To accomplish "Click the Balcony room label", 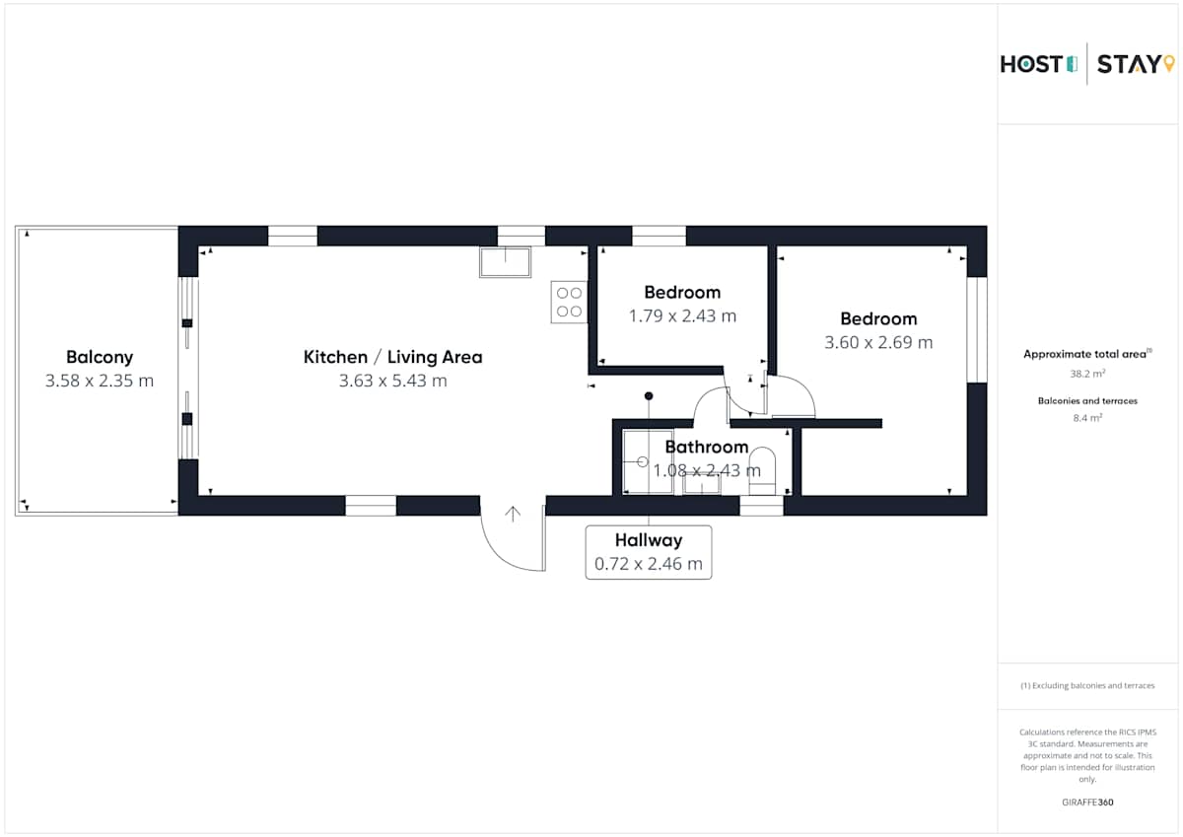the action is point(100,357).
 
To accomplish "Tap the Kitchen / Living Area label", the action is point(393,357).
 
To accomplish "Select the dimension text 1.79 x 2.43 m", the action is point(682,315).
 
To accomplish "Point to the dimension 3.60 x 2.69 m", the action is point(878,342).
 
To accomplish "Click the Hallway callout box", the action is point(649,552).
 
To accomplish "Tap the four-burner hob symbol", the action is point(569,302).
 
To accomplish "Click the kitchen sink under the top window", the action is point(506,262).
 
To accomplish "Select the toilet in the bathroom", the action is point(762,471).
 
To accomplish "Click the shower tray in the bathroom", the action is point(648,462).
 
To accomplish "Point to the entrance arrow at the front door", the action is point(513,515).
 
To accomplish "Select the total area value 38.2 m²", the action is point(1087,374).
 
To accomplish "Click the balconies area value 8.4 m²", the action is point(1087,418).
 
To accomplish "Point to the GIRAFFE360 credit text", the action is point(1087,802).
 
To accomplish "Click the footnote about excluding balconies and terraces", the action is point(1087,685).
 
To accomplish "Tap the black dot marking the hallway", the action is point(649,396).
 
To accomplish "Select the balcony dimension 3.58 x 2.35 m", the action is point(100,381).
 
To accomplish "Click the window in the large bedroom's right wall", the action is point(977,330).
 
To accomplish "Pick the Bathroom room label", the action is point(707,448).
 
